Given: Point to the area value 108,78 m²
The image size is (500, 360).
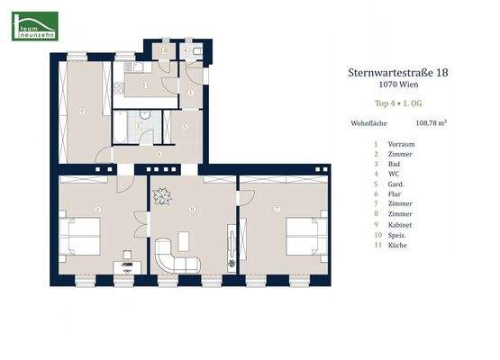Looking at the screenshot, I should coord(431,126).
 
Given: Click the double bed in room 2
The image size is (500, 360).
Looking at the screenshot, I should coord(79,237).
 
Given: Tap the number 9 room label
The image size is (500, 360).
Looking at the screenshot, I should coord(82,112).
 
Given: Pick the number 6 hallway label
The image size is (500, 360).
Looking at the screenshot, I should coord(158,154).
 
